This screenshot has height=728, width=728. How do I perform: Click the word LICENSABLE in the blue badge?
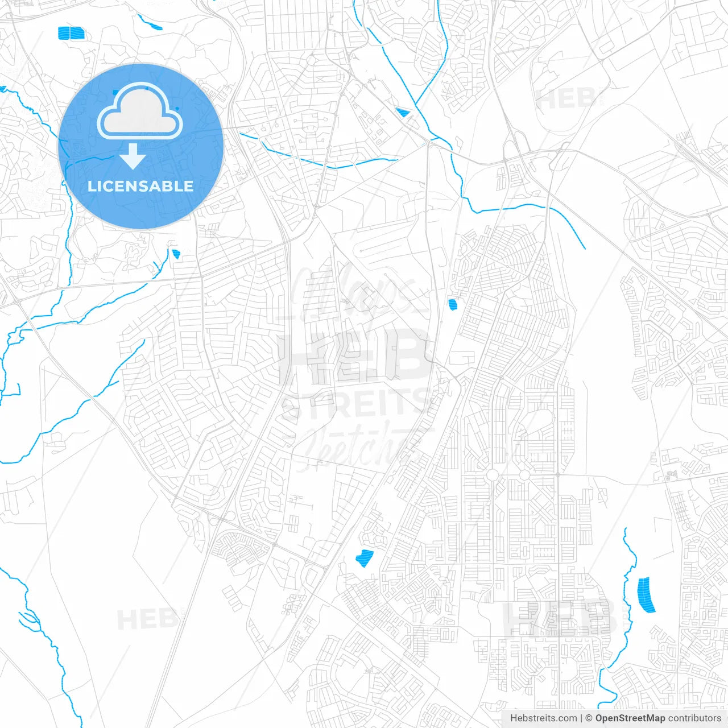(x=140, y=186)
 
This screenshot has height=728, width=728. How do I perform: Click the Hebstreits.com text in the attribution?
(x=543, y=718)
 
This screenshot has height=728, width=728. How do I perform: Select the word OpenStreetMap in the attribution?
(x=630, y=718)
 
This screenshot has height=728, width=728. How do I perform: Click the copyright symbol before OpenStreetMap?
(x=589, y=718)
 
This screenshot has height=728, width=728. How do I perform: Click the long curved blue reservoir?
(x=647, y=595)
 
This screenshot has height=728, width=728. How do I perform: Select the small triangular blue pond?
(x=403, y=113)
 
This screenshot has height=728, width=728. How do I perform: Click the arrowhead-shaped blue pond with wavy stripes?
(x=364, y=557)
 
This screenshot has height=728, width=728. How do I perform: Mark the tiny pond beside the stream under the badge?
(x=176, y=254)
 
